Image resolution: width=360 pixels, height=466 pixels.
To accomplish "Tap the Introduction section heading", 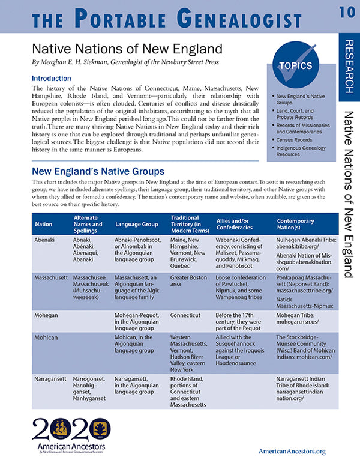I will pyautogui.click(x=55, y=78).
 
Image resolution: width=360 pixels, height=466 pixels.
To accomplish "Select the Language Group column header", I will pyautogui.click(x=136, y=223).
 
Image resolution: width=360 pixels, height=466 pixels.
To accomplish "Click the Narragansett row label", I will pyautogui.click(x=50, y=380).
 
